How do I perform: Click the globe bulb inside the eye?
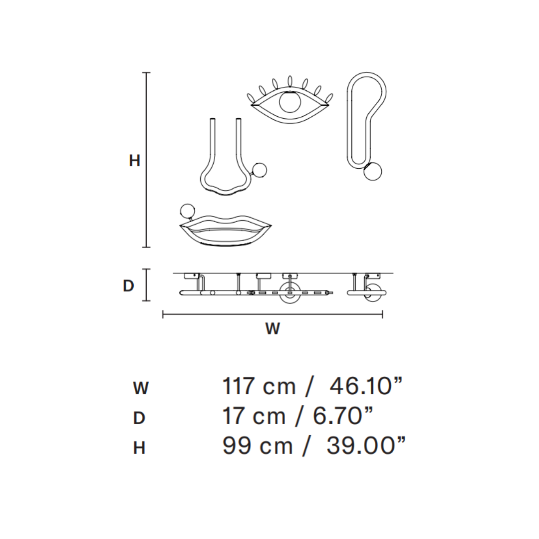(x=290, y=102)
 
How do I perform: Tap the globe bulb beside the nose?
(x=260, y=170)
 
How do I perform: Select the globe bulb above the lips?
(x=187, y=211)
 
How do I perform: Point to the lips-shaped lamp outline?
(x=226, y=232)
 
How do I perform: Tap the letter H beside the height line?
(x=134, y=161)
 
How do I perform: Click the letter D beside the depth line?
(x=128, y=286)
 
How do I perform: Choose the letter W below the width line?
(x=272, y=329)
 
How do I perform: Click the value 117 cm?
(x=259, y=386)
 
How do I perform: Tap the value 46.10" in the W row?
(x=366, y=386)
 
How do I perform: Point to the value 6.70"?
(x=343, y=416)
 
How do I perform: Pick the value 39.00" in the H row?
(x=366, y=446)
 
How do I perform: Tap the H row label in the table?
(x=139, y=448)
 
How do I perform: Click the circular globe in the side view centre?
(x=289, y=293)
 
